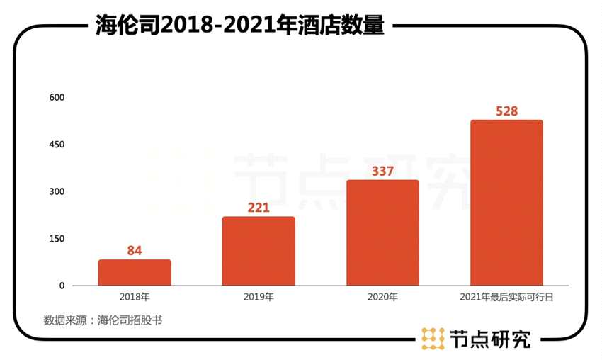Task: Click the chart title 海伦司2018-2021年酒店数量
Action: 240,26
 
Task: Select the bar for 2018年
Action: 135,273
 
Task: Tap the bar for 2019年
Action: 259,251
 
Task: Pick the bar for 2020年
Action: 382,232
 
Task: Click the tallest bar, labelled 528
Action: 506,203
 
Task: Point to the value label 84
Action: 135,250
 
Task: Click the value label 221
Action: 259,207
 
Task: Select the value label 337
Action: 382,171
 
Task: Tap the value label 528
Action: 506,111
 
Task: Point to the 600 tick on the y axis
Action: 57,97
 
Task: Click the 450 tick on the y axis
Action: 57,145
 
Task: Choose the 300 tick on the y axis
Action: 57,191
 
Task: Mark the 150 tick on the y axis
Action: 57,239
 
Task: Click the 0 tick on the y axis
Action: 62,286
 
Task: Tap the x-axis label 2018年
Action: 135,297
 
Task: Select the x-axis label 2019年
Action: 259,297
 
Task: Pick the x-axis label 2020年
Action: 382,297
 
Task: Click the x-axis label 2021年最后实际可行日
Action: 506,297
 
